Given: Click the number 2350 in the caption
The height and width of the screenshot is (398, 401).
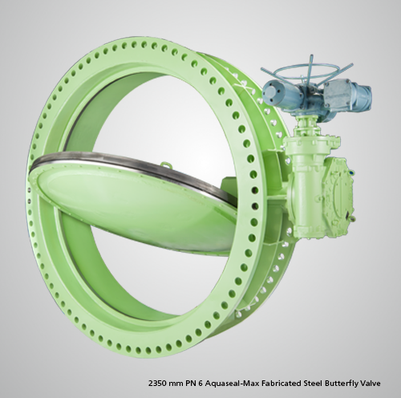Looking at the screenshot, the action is click(157, 384).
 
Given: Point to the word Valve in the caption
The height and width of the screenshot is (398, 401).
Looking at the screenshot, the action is click(371, 384).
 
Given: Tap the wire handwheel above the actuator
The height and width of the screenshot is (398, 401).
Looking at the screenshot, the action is click(306, 71).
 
